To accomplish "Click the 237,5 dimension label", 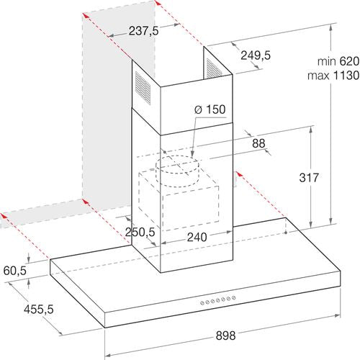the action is coord(143,31).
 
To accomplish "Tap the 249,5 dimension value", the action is coord(256,55).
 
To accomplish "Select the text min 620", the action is coord(338,61).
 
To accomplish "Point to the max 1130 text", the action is coord(334,76).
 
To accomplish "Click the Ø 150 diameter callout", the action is coord(210,109).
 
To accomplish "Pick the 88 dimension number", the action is coord(258,143).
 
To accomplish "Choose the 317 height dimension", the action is coord(309,178).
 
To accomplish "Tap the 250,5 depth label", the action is coord(140,232).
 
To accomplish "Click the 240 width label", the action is coord(197,237).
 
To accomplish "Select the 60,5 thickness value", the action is coord(15,271).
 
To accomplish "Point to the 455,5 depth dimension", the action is coord(38,310).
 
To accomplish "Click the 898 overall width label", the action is coord(225,336).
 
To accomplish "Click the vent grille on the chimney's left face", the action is coord(143,89).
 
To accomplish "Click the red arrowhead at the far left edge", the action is coord(4,215).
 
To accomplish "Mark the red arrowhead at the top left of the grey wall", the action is coord(86,17).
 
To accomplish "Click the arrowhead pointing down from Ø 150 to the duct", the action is coord(192,153).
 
